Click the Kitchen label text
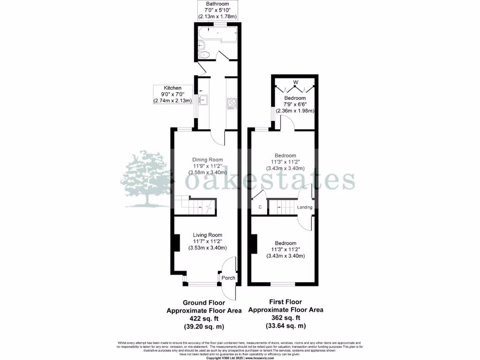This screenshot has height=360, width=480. [172, 88]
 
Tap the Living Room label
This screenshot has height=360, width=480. [208, 235]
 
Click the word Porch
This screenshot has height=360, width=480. [228, 278]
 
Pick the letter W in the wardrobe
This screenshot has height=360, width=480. [295, 82]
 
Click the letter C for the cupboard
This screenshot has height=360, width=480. [260, 207]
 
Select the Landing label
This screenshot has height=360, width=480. [305, 207]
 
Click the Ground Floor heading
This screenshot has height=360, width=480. [204, 303]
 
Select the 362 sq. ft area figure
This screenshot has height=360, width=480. [285, 317]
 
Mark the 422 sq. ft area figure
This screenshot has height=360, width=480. [204, 318]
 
